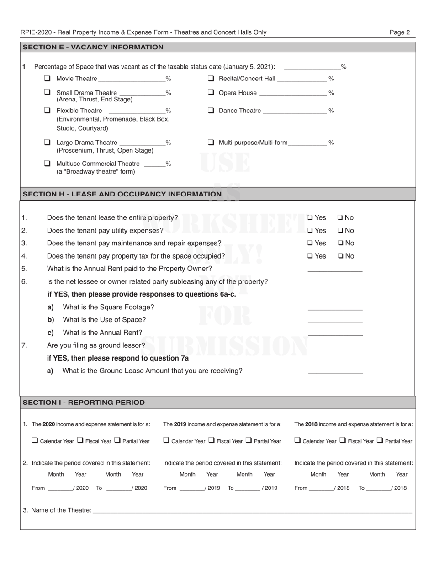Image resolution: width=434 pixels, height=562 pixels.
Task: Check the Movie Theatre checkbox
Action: point(47,79)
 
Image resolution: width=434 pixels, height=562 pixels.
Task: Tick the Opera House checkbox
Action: point(211,92)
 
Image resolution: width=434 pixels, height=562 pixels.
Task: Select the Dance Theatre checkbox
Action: point(211,110)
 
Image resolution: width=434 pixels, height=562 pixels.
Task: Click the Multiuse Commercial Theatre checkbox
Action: point(47,164)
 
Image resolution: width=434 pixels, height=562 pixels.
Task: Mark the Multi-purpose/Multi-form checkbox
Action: point(211,142)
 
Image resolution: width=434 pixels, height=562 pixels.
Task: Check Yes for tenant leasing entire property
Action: point(310,217)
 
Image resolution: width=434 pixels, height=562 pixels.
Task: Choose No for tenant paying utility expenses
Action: point(341,230)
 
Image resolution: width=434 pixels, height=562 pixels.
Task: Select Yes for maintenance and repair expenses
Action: point(310,243)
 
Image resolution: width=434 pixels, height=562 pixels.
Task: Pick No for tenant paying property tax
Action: point(341,256)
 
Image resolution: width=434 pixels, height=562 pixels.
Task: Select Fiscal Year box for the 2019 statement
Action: point(212,441)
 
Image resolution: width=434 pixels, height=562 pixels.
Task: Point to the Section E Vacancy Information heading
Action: point(93,47)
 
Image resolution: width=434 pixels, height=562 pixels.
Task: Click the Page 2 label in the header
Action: point(399,32)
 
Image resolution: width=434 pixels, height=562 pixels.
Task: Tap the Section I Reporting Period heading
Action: point(84,403)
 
